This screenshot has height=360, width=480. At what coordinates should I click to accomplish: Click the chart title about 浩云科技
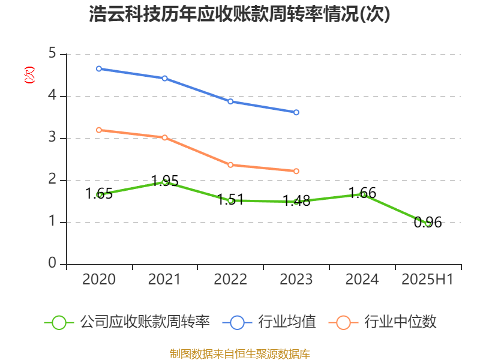(x=239, y=14)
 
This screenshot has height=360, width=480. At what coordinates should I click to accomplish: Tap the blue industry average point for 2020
(x=99, y=68)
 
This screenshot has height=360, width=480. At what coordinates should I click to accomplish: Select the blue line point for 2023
(x=296, y=112)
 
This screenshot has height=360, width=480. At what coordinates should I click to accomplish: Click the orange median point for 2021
(x=165, y=137)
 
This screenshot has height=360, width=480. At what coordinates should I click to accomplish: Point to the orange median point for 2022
(x=230, y=164)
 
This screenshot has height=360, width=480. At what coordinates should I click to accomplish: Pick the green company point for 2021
(x=165, y=182)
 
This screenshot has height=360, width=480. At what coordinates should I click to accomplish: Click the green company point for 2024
(x=362, y=194)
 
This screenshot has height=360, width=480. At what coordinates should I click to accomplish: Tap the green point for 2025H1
(x=428, y=223)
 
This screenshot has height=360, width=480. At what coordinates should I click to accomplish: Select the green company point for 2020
(x=99, y=194)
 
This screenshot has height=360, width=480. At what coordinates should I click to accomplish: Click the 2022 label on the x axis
(x=230, y=280)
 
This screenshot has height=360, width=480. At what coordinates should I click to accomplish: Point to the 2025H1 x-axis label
(x=427, y=280)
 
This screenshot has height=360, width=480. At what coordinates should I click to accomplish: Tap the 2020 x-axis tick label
(x=99, y=280)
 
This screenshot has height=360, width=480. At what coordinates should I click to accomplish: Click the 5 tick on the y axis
(x=52, y=54)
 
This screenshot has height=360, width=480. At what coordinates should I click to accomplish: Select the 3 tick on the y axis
(x=52, y=138)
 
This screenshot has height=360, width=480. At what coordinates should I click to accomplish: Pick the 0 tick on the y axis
(x=52, y=264)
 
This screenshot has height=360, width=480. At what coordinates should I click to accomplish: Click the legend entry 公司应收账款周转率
(x=145, y=322)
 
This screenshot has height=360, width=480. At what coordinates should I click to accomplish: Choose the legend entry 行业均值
(x=287, y=322)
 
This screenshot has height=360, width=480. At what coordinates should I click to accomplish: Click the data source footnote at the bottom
(x=239, y=353)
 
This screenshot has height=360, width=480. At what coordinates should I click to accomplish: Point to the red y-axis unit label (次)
(x=29, y=75)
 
